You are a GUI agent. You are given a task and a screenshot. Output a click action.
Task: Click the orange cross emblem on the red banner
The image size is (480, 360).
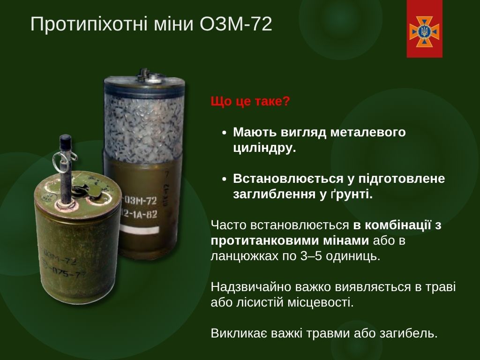[424, 32]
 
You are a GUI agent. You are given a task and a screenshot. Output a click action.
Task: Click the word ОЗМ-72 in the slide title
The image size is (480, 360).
[236, 24]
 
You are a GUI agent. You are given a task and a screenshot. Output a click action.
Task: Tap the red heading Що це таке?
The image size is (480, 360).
[250, 101]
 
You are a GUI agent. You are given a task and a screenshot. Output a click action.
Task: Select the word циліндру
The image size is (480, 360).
[264, 148]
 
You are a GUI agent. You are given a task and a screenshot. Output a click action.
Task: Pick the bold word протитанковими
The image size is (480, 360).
[290, 240]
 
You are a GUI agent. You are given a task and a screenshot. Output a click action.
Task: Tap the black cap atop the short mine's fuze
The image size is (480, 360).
[66, 142]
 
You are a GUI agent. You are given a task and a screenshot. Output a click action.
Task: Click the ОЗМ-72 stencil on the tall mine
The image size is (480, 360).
[140, 201]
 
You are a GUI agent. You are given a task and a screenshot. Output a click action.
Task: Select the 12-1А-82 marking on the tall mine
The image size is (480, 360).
[140, 214]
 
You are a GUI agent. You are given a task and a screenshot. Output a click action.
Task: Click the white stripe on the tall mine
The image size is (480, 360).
[140, 230]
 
